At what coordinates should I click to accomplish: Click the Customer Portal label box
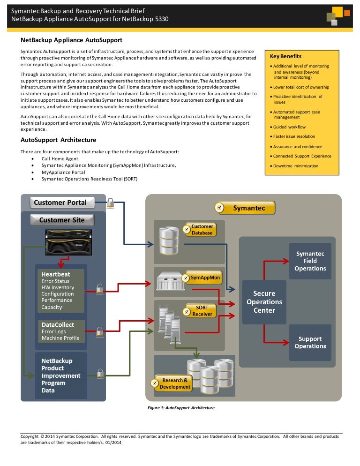(x=62, y=203)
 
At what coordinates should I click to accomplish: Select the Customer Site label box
(x=62, y=220)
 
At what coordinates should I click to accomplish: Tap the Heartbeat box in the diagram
(x=60, y=291)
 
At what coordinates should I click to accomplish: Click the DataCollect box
(x=60, y=331)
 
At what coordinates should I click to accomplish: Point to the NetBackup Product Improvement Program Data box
(x=60, y=376)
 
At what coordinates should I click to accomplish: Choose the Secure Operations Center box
(x=264, y=302)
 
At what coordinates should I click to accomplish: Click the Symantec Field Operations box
(x=310, y=261)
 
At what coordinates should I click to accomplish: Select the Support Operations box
(x=310, y=342)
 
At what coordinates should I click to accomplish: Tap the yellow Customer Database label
(x=202, y=230)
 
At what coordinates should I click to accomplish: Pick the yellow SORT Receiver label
(x=202, y=311)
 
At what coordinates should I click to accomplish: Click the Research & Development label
(x=174, y=383)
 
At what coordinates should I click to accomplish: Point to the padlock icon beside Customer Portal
(x=110, y=203)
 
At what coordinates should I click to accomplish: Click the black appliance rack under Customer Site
(x=70, y=241)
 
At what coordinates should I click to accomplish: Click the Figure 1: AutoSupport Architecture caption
(x=181, y=408)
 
